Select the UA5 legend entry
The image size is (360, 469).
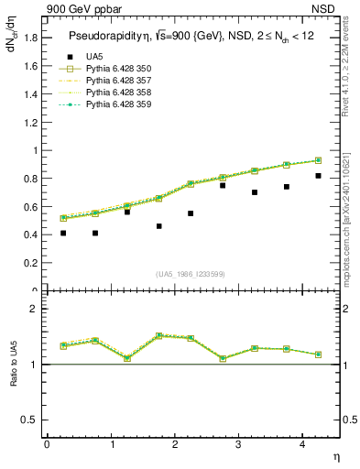point(93,57)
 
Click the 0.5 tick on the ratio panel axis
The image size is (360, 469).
point(28,420)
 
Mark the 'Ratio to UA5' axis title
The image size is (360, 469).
point(14,377)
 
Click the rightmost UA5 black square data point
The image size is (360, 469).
point(318,176)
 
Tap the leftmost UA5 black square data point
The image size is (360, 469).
point(63,234)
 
